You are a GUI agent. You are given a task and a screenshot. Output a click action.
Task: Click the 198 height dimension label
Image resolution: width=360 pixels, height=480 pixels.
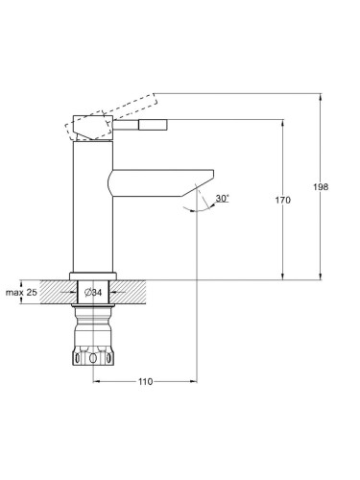[321, 186]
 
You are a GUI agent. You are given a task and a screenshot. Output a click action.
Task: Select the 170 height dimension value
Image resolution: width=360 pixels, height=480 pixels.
[283, 201]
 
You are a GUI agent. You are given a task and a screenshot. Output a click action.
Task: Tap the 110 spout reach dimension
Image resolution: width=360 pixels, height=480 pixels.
[146, 381]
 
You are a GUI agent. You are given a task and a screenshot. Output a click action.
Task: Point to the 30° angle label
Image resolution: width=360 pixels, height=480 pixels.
[223, 198]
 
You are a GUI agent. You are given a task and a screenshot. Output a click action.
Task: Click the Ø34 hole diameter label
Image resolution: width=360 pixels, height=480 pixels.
[93, 292]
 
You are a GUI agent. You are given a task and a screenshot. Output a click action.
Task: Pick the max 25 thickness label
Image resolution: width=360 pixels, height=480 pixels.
[21, 292]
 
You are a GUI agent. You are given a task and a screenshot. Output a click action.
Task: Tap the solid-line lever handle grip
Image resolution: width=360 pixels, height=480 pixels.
[153, 125]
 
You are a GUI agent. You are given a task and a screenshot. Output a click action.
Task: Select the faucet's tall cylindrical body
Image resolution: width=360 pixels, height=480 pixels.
[93, 206]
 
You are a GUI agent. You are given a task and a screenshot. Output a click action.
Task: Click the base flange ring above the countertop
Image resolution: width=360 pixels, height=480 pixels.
[93, 276]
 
